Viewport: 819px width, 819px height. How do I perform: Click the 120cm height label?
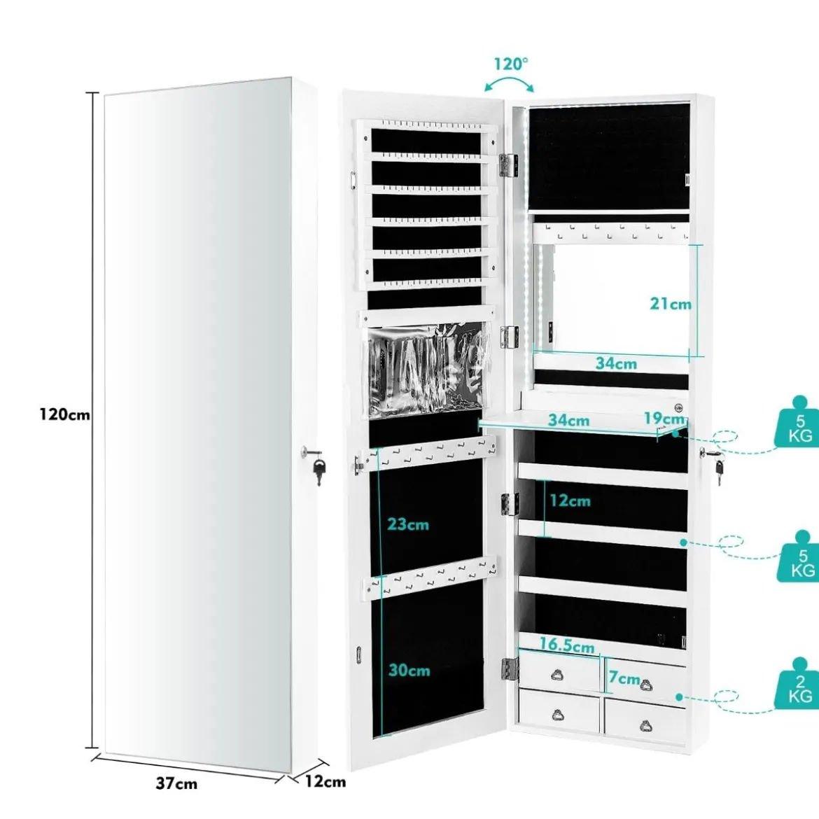[65, 414]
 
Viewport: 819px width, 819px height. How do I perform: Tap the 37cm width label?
[176, 783]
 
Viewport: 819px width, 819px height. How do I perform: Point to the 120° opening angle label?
[512, 64]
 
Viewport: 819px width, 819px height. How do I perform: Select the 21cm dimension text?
[671, 304]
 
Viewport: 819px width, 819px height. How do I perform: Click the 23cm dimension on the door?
[408, 524]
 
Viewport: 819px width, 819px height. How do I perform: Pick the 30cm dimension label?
[409, 670]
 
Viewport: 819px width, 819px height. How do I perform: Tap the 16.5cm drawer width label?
[567, 645]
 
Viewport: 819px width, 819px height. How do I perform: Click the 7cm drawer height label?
[624, 678]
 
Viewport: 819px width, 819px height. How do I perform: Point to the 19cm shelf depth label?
[664, 419]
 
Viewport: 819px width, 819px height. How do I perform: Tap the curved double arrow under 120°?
[510, 83]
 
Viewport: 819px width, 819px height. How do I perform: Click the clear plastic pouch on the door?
[428, 370]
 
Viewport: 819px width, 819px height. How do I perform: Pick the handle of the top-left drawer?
[557, 675]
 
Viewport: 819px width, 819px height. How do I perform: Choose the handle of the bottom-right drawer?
[646, 725]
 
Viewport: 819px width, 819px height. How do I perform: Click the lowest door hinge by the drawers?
[510, 670]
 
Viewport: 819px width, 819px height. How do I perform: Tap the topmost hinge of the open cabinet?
[508, 164]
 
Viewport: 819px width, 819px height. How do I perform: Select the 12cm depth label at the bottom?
[325, 781]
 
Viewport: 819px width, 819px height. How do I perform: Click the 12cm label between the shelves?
[569, 500]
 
